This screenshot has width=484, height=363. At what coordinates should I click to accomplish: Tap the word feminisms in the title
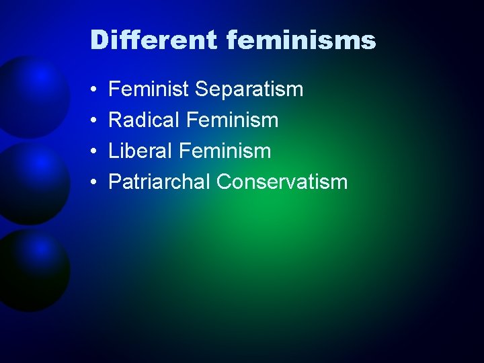[x=301, y=40]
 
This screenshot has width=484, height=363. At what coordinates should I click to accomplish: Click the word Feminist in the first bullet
[x=149, y=89]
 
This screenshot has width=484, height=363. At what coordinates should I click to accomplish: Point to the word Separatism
[x=249, y=89]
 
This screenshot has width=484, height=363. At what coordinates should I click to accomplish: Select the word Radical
[x=144, y=120]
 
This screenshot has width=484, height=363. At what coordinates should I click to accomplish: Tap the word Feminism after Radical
[x=232, y=120]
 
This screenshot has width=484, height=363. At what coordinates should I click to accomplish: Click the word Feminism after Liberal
[x=228, y=151]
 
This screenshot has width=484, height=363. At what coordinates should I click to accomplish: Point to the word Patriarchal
[x=159, y=182]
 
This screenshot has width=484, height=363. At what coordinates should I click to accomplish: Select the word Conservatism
[x=282, y=182]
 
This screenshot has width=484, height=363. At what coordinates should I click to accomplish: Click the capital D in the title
[x=99, y=40]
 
